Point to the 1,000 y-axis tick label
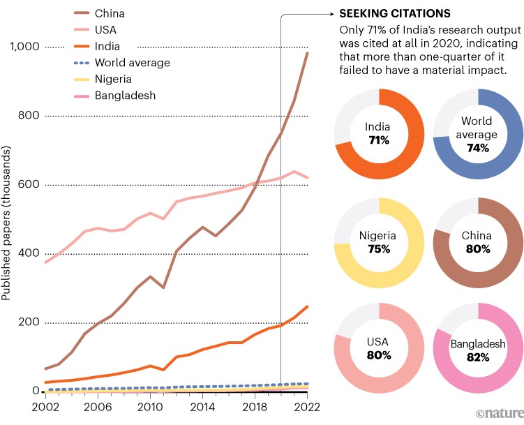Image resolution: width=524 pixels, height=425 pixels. pos(24,47)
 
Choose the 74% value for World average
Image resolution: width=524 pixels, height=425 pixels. pos(478,148)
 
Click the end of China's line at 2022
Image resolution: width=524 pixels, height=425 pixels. pos(308,53)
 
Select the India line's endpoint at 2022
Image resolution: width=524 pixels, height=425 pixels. pos(308,306)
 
